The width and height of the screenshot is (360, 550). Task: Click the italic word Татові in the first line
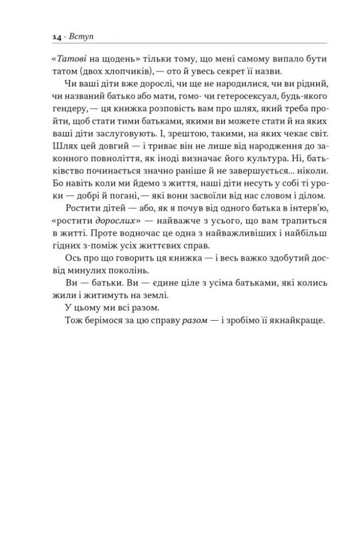69,59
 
